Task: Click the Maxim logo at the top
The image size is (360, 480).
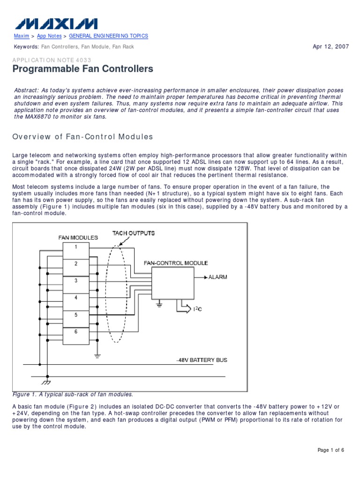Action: (56, 23)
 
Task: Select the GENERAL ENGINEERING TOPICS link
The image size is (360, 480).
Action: (108, 36)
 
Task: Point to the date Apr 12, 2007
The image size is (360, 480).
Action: (330, 46)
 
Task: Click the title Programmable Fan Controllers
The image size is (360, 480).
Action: (82, 69)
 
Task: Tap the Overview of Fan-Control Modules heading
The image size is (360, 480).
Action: (82, 137)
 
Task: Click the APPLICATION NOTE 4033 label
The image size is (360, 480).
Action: (52, 60)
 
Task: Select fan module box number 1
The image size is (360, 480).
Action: (75, 247)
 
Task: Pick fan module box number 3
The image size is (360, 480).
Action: (75, 280)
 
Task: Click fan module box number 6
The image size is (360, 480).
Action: (75, 331)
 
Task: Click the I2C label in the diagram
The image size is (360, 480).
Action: (198, 309)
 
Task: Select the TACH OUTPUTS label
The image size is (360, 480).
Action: (134, 233)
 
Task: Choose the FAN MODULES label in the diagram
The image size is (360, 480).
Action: (78, 238)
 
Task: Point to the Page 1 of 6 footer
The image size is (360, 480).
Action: (331, 450)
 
